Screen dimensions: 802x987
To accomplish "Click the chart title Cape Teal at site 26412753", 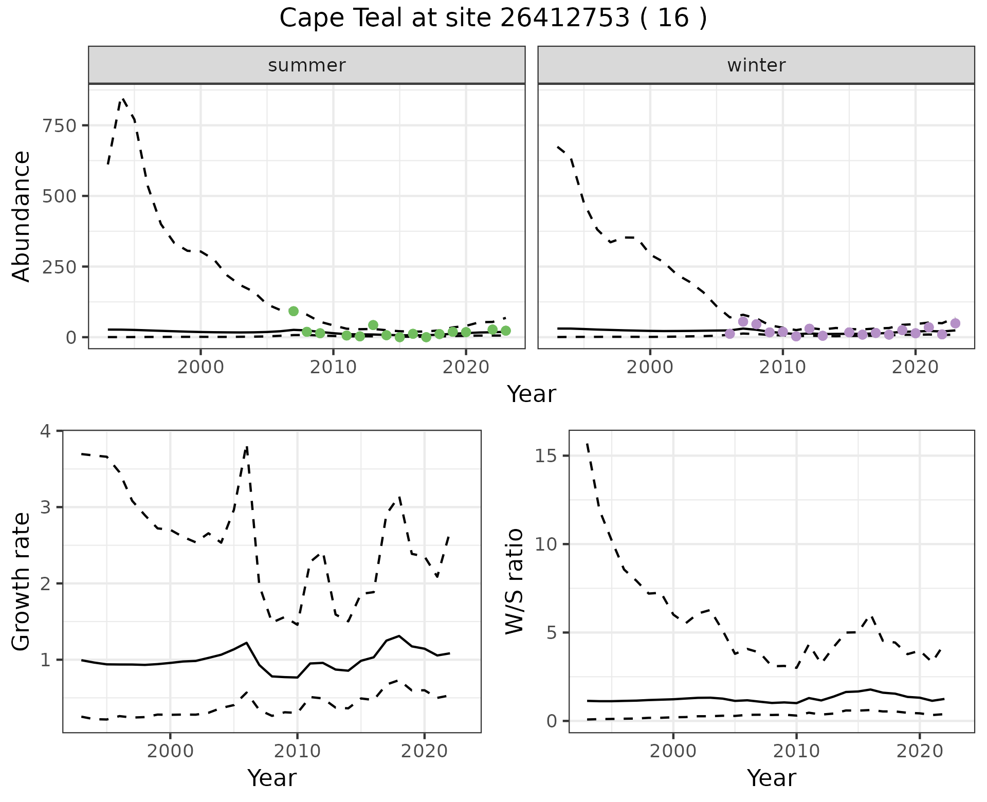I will pos(492,19).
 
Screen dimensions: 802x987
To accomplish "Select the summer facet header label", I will pos(306,65).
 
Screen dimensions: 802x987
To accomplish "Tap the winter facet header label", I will pos(756,65).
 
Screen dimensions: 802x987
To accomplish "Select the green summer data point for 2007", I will pos(294,311).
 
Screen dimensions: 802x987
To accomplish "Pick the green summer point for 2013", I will pos(373,325).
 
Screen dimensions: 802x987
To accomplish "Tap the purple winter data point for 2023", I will pos(955,323).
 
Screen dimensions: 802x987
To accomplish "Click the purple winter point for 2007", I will pos(743,322).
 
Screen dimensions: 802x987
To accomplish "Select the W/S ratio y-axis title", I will pos(514,581).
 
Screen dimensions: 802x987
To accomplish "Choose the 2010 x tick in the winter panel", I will pos(782,368).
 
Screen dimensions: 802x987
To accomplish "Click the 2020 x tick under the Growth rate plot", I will pos(424,752).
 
